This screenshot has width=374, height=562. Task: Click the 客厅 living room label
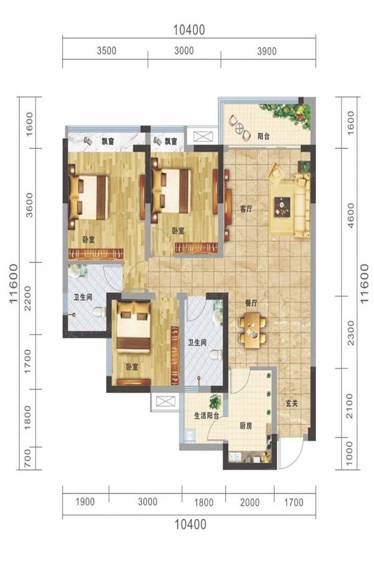[x=246, y=209]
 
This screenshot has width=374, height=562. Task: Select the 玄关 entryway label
[x=292, y=403]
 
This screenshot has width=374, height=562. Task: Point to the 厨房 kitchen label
[x=246, y=426]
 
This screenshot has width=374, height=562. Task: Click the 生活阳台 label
[x=206, y=416]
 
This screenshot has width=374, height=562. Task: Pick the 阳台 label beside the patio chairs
[x=264, y=136]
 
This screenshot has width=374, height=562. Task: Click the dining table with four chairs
[x=252, y=330]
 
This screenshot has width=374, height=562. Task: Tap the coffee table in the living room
[x=282, y=207]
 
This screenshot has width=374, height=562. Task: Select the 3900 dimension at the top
[x=267, y=51]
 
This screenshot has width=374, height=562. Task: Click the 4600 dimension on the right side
[x=350, y=215]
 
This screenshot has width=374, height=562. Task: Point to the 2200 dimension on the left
[x=27, y=298]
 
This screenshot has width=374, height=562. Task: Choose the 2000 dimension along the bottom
[x=249, y=502]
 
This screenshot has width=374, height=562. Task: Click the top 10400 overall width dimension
[x=189, y=30]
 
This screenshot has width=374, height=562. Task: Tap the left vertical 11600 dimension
[x=13, y=283]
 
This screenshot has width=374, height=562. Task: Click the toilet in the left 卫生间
[x=99, y=312]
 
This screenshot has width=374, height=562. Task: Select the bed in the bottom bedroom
[x=133, y=327]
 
